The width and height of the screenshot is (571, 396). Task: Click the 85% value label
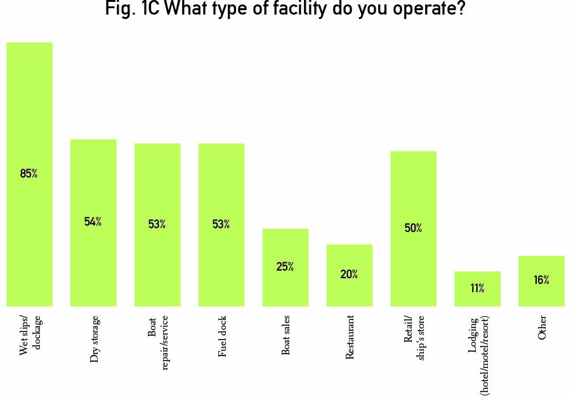[x=29, y=174]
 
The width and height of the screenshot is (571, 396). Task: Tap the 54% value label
[x=93, y=222]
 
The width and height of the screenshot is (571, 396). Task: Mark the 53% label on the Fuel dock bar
[x=221, y=224]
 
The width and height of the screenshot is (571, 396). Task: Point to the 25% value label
[x=285, y=267]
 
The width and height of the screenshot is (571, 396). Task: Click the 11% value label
[x=478, y=289]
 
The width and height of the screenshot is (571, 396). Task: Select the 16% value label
[x=541, y=280]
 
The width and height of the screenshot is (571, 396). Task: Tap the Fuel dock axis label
[x=222, y=336]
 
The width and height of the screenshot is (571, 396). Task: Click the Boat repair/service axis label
[x=158, y=342]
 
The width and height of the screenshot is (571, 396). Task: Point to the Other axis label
[x=542, y=327]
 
